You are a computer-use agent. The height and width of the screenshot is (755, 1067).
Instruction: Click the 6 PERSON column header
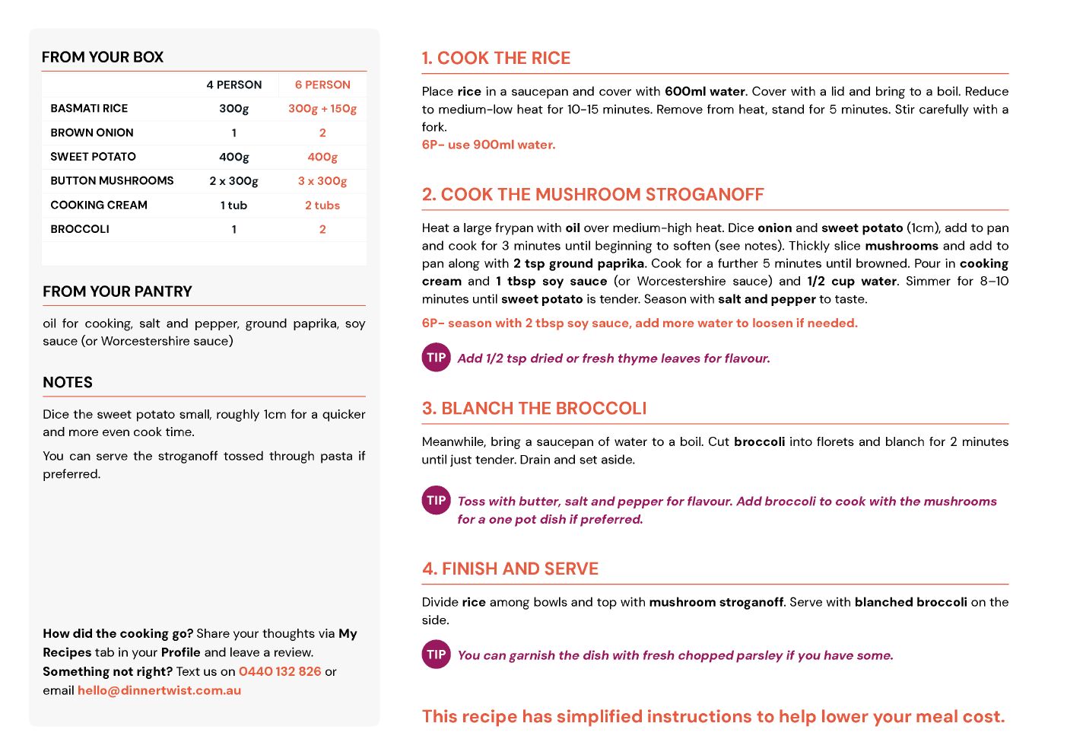click(322, 84)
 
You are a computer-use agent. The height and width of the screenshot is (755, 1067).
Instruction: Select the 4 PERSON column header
click(234, 84)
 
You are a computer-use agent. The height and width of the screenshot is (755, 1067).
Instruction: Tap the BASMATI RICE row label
click(89, 108)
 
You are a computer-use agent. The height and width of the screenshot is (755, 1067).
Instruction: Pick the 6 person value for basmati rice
click(322, 108)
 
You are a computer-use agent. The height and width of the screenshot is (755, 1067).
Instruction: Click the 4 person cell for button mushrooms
click(234, 180)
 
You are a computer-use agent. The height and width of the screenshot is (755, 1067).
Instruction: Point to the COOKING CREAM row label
click(99, 205)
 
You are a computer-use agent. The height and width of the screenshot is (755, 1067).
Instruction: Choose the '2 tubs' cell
click(322, 205)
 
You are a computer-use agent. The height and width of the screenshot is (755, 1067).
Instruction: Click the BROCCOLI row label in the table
click(80, 229)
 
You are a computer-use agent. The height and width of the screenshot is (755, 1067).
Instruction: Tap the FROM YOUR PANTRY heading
click(117, 291)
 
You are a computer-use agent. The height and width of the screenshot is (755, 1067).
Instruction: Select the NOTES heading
click(68, 382)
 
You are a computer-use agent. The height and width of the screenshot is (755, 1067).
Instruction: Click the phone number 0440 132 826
click(280, 671)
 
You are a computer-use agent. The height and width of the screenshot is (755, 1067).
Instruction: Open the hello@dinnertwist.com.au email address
click(159, 690)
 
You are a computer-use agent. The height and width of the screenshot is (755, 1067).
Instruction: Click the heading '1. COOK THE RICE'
click(496, 58)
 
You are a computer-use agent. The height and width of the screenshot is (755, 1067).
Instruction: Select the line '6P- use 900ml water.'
click(489, 145)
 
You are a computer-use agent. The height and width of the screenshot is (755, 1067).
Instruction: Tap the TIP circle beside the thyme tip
click(436, 358)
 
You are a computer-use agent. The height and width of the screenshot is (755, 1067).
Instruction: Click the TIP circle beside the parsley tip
click(436, 655)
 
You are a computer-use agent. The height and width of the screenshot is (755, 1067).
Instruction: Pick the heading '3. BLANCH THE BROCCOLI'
click(534, 409)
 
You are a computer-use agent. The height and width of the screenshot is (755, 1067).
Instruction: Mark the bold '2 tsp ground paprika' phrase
click(579, 263)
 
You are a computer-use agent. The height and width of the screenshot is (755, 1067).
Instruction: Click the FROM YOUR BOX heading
click(103, 57)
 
